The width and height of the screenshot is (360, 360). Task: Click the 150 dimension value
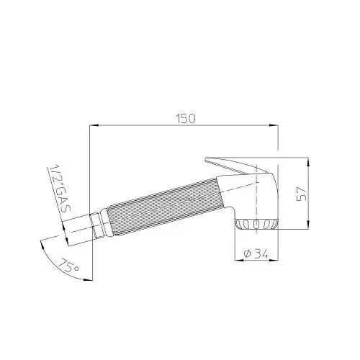pos(186,119)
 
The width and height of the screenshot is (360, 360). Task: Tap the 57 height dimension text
pos(302,194)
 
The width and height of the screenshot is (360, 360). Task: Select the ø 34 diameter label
pos(256,253)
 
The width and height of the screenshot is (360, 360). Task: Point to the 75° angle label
pos(68,266)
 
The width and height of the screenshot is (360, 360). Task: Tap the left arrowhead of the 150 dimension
pos(94,125)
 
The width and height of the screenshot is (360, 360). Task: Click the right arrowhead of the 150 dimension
pos(274,125)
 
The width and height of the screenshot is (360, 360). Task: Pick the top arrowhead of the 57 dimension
pos(308,162)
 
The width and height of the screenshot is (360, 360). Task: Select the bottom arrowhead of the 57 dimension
pos(308,225)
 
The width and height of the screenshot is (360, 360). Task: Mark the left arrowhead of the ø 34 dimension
pos(239,260)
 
